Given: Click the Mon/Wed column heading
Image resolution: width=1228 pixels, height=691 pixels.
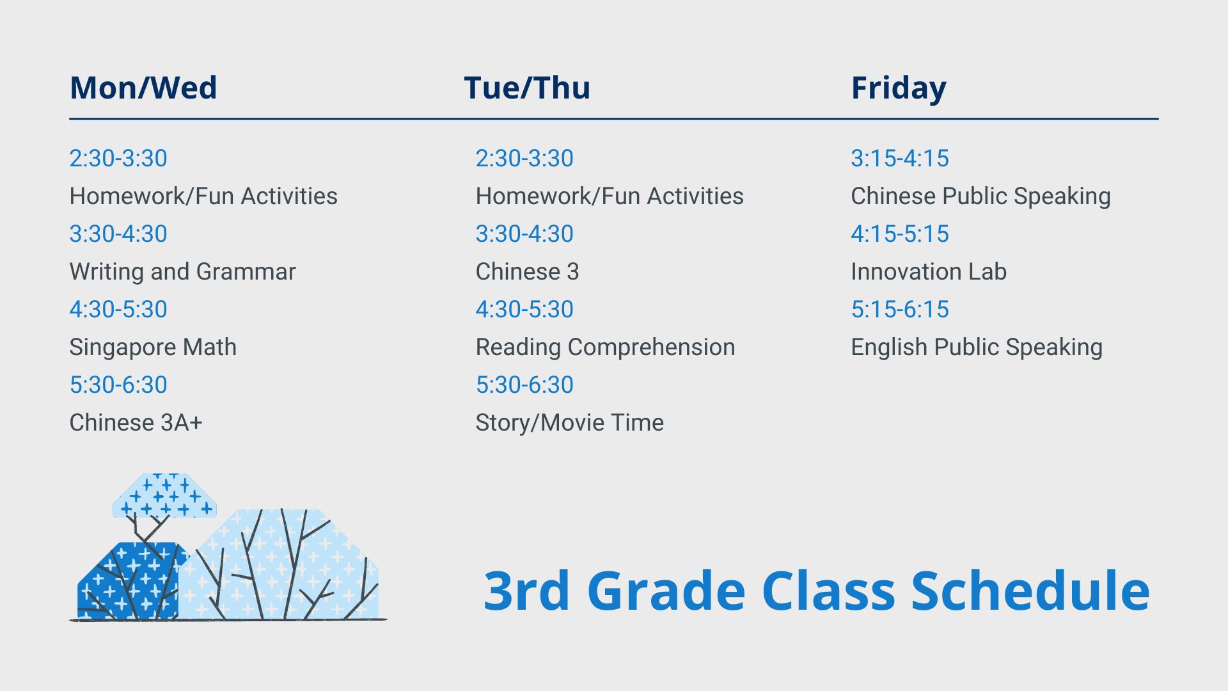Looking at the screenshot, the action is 143,88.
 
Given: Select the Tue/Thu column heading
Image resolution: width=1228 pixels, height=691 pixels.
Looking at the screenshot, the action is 527,88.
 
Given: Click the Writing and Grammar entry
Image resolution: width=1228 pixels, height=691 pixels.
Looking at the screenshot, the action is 182,272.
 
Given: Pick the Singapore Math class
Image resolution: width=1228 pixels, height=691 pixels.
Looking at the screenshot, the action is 153,347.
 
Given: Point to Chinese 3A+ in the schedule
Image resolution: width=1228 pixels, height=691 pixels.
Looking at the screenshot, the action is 136,422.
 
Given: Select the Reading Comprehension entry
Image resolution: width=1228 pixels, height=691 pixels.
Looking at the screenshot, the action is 605,347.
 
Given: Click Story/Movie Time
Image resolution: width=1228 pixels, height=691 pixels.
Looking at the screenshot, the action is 569,423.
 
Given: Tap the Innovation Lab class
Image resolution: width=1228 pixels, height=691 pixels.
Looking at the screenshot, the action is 929,271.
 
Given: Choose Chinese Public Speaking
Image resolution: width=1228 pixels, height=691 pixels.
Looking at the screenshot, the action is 980,196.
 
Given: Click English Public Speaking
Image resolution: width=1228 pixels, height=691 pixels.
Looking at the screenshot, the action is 977,347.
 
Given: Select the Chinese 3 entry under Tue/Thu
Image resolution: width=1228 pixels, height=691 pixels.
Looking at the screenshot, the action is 527,272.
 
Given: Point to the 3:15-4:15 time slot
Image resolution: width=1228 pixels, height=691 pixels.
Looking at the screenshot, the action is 900,158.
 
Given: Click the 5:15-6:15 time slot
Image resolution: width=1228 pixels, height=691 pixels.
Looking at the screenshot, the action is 900,309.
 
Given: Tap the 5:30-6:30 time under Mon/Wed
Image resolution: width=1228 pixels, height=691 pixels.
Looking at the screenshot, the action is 118,385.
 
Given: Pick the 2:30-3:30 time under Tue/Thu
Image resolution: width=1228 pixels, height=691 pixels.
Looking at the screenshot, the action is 524,158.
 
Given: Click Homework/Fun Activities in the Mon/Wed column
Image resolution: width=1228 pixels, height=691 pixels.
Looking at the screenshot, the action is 203,196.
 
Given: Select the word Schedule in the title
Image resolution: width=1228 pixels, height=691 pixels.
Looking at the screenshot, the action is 1030,591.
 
